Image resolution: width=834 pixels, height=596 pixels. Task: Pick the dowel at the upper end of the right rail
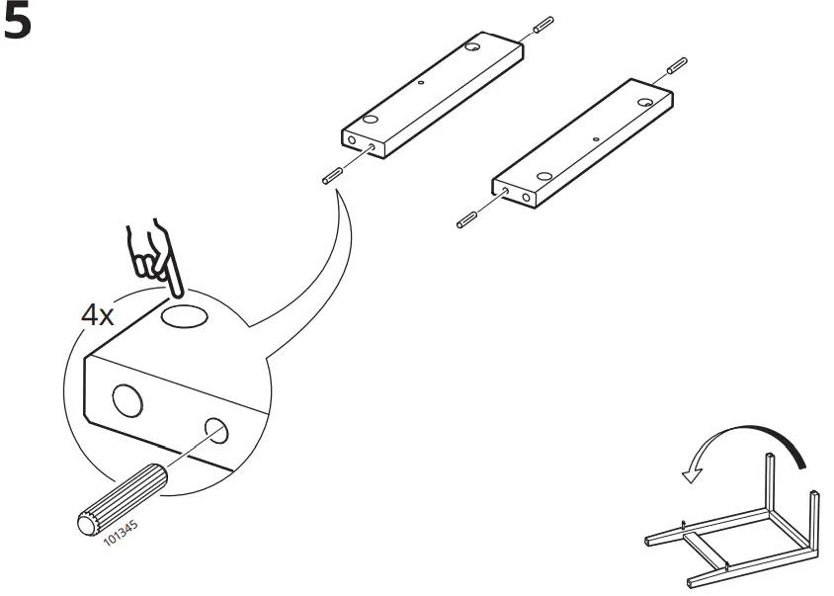pos(677,68)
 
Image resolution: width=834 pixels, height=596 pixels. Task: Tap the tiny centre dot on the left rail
pos(422,85)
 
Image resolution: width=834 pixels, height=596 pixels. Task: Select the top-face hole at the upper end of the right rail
pos(643,102)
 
